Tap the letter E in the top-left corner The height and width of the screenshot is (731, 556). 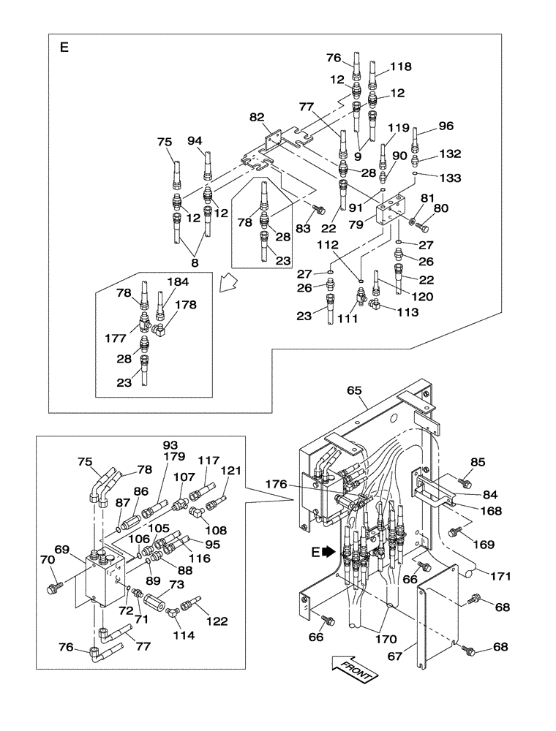pyautogui.click(x=64, y=48)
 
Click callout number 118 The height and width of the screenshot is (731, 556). pyautogui.click(x=400, y=67)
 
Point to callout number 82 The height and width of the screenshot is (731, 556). pyautogui.click(x=258, y=117)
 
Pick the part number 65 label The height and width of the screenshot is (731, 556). pyautogui.click(x=355, y=392)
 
